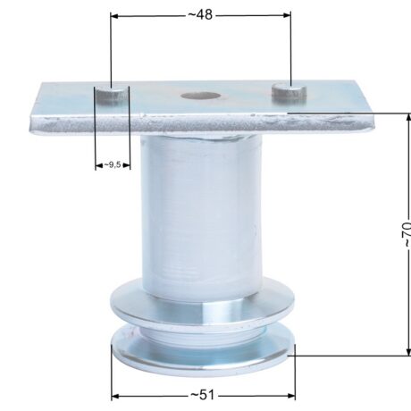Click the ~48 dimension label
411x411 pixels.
(x=200, y=14)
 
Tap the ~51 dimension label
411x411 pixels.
(x=203, y=395)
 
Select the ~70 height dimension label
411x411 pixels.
(x=406, y=234)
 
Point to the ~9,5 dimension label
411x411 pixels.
(x=113, y=164)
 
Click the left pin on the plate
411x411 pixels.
(x=109, y=95)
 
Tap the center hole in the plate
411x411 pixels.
(x=201, y=96)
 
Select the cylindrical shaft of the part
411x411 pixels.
(x=201, y=214)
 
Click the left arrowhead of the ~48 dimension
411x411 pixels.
(x=114, y=15)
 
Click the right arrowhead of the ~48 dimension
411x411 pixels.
(x=287, y=15)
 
